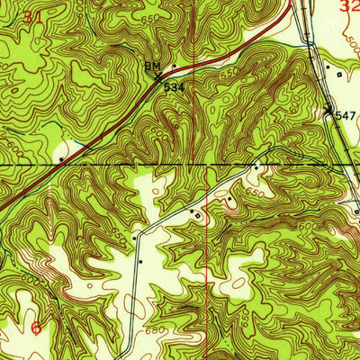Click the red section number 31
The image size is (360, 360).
(32, 17)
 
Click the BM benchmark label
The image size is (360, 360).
(153, 67)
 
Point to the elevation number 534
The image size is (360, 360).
(173, 88)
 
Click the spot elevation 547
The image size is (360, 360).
(346, 117)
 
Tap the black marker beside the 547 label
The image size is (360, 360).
(328, 111)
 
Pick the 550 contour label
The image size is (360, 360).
(229, 72)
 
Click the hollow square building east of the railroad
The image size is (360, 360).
(339, 74)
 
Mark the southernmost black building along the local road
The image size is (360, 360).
(140, 260)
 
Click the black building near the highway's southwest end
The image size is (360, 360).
(60, 159)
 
